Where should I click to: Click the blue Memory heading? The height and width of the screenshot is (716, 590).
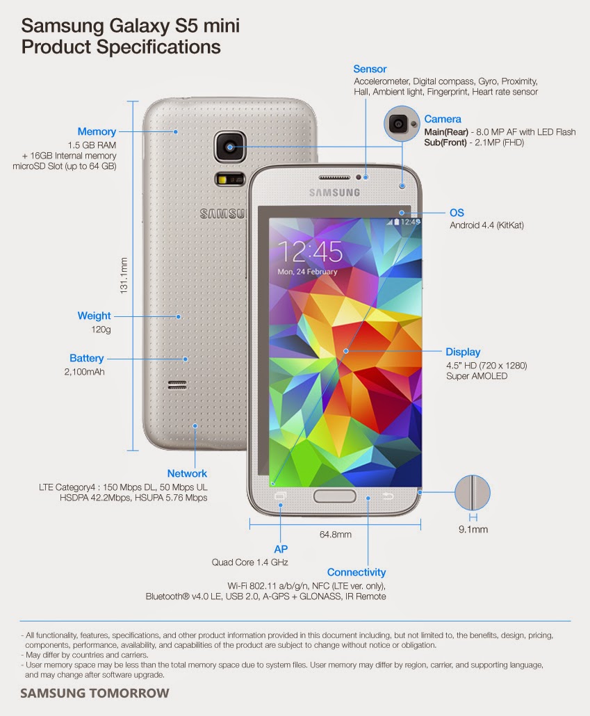(x=97, y=131)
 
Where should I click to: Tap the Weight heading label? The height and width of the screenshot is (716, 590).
(x=94, y=316)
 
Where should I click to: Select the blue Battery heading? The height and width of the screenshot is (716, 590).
(x=86, y=358)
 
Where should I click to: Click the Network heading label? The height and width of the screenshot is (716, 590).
(x=187, y=473)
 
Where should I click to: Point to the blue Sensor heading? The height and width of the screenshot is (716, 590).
(x=370, y=69)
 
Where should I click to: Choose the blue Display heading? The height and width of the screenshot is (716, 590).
(x=463, y=352)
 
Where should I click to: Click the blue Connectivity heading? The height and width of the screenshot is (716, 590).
(x=356, y=572)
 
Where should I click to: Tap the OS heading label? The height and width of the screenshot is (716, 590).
(x=457, y=213)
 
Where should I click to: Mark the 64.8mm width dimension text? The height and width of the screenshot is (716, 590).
(x=335, y=535)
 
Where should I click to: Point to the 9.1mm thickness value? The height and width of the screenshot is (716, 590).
(x=473, y=529)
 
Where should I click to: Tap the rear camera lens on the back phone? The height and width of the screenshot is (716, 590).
(x=229, y=147)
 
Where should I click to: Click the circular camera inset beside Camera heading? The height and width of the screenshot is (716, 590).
(x=399, y=124)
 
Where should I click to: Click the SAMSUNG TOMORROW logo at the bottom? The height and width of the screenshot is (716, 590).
(x=95, y=693)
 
